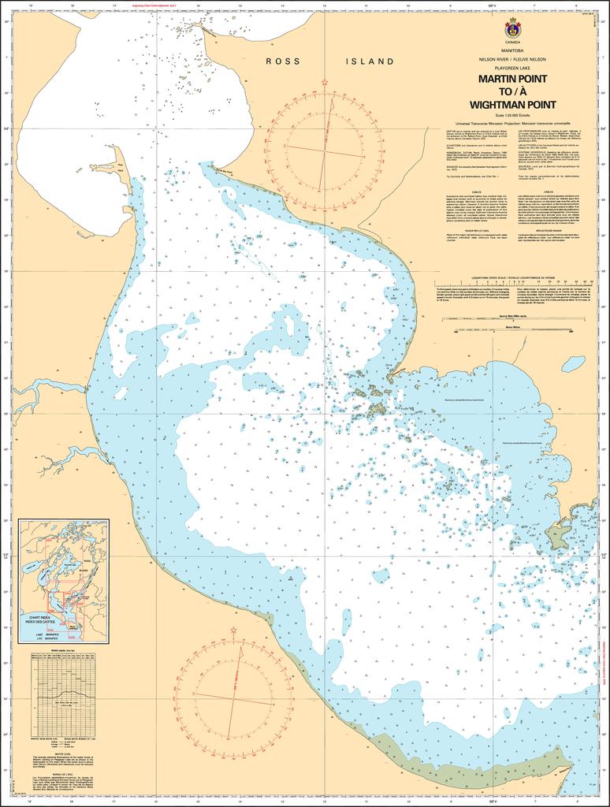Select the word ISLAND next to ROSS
coord(370,61)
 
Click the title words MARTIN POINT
coord(512,80)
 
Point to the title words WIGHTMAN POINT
coord(512,104)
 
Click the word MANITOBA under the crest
coord(512,50)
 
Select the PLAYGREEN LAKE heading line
coord(512,69)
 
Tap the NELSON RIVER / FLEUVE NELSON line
coord(512,59)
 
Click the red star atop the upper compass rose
coord(324,82)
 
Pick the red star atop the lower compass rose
coord(234,630)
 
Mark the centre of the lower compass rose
coord(234,697)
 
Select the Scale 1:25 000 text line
coord(512,115)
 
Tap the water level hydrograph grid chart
coord(62,694)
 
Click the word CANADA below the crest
coord(512,42)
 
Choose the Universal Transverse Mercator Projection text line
coord(512,123)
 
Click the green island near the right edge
coord(556,537)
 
